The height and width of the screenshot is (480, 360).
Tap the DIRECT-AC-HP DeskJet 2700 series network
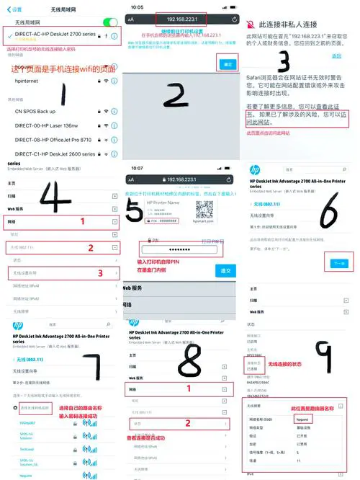[54, 35]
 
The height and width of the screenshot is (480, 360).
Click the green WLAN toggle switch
[110, 22]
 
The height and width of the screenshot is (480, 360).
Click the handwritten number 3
[284, 61]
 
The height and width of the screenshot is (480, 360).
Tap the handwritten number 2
[176, 94]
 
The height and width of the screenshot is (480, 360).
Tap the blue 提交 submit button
[225, 270]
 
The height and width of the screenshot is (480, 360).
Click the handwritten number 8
[189, 360]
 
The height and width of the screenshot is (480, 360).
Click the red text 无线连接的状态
[288, 365]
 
